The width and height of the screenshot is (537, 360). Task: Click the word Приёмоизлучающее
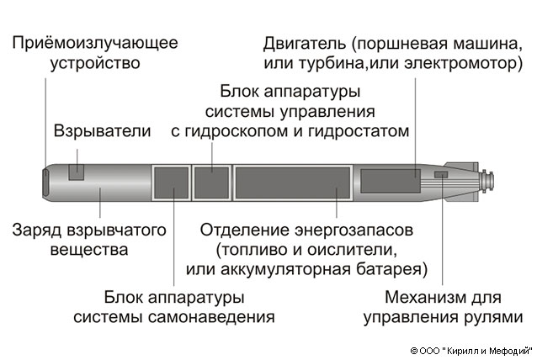pyautogui.click(x=95, y=43)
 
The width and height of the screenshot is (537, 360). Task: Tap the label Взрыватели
pyautogui.click(x=102, y=131)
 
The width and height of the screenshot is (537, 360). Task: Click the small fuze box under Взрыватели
pyautogui.click(x=77, y=172)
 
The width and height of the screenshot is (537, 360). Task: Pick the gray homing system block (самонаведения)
pyautogui.click(x=172, y=183)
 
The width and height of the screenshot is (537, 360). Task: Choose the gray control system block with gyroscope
pyautogui.click(x=212, y=183)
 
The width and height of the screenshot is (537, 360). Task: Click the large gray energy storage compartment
pyautogui.click(x=292, y=183)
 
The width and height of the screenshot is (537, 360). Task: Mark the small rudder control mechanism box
pyautogui.click(x=441, y=175)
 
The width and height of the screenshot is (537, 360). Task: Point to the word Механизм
pyautogui.click(x=420, y=298)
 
